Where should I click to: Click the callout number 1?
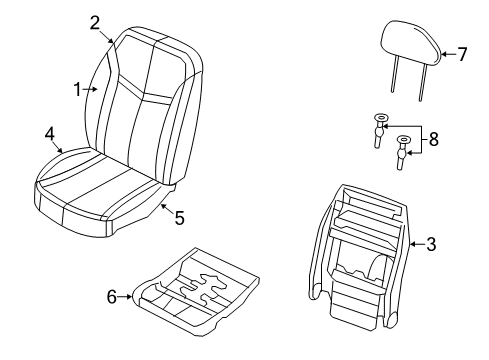click(x=78, y=89)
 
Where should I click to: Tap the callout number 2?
click(x=95, y=22)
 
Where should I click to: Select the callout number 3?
click(x=430, y=243)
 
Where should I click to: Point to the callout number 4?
click(x=49, y=133)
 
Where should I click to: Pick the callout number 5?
click(x=179, y=216)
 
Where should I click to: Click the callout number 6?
click(x=113, y=296)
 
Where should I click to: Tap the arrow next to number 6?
click(x=129, y=296)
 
